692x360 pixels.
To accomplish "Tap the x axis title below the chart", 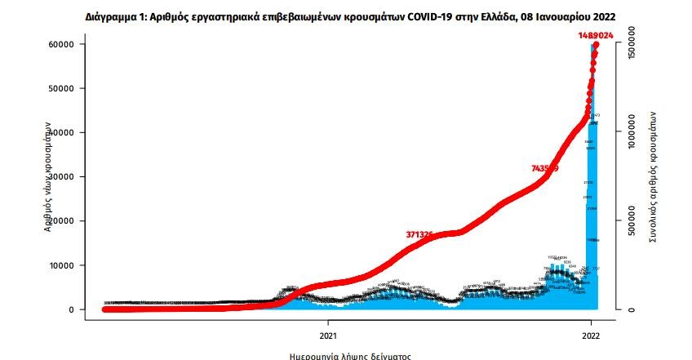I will tap(351, 356).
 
